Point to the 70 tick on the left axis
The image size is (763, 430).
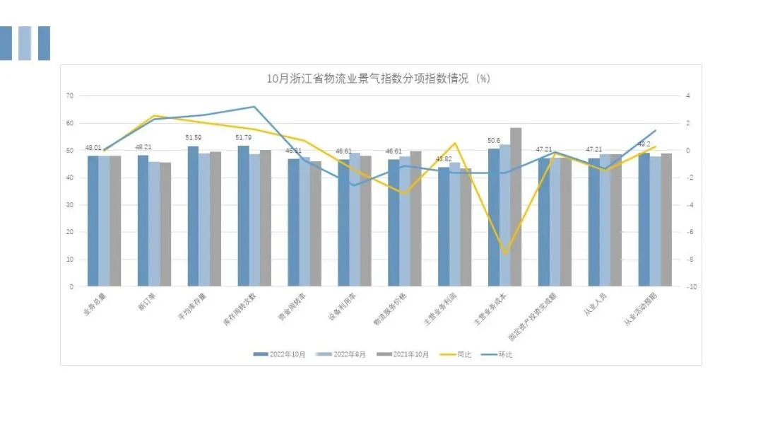click(69, 95)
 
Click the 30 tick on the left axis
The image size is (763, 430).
click(69, 205)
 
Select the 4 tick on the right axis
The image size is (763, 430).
click(687, 95)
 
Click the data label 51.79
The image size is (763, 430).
click(243, 137)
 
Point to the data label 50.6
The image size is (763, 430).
click(493, 141)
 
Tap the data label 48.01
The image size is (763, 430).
click(93, 148)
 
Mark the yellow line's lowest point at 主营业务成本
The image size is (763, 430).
click(505, 253)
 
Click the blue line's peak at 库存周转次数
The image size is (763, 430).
click(254, 107)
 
